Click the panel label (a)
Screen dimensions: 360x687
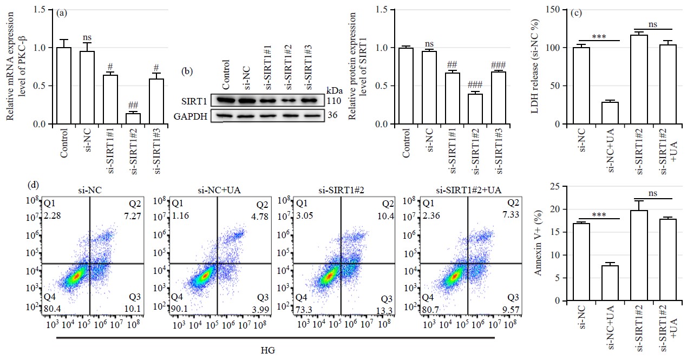click(x=61, y=14)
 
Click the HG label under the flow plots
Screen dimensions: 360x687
click(x=275, y=350)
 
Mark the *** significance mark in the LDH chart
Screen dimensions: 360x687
click(x=599, y=36)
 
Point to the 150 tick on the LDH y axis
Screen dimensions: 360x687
click(x=552, y=10)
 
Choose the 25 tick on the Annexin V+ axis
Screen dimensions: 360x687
click(x=556, y=187)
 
